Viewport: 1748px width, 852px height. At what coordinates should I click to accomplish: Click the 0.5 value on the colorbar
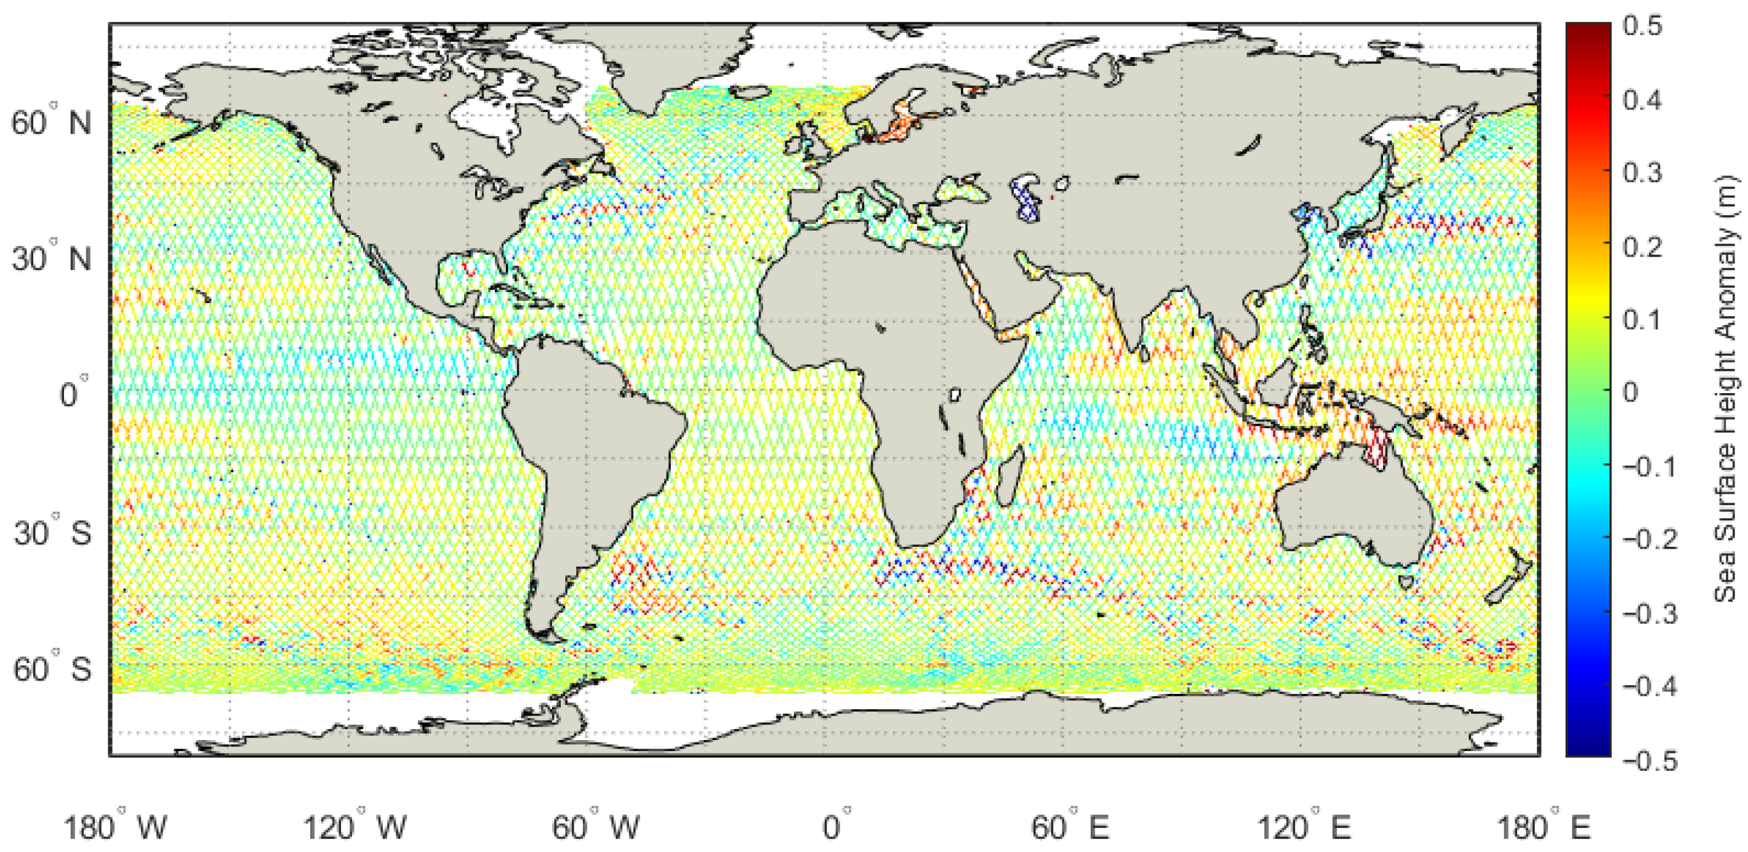(1642, 26)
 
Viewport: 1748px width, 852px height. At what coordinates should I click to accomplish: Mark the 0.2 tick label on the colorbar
(1642, 247)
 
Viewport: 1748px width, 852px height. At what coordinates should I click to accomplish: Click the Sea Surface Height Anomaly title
(1726, 389)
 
